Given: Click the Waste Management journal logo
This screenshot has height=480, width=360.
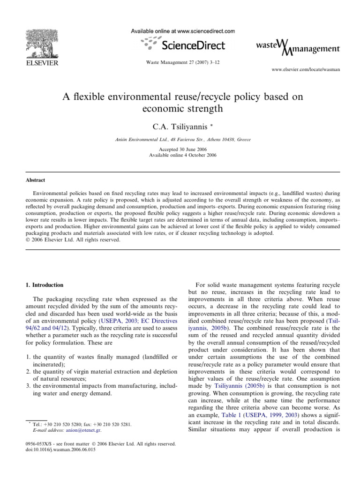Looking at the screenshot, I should tap(298, 47).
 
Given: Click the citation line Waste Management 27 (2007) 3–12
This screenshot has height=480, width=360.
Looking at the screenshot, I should tap(181, 63).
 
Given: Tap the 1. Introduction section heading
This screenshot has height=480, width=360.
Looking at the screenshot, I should tap(47, 285).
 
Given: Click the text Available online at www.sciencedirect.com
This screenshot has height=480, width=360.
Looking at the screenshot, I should tap(182, 31).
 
